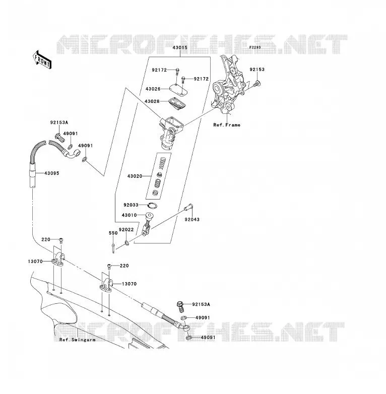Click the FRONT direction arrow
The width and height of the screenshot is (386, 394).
coord(42,60)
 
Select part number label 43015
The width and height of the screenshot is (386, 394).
coord(180,47)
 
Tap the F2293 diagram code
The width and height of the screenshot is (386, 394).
coord(255,47)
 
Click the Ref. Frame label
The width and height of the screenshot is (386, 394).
coord(227,125)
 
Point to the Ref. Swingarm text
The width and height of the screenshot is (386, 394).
coord(78,340)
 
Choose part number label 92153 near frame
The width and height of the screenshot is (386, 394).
coord(257,70)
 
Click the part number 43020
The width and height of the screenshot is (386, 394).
coord(135,176)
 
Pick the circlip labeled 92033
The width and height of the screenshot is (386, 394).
coord(152,206)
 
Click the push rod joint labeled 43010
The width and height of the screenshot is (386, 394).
coord(147,224)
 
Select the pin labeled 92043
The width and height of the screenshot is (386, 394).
coord(188,207)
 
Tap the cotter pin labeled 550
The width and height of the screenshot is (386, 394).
coord(113,248)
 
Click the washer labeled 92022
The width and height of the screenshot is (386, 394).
coord(127,243)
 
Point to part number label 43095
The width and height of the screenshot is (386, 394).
coord(52,173)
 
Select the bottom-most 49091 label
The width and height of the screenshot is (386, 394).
coord(208,338)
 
